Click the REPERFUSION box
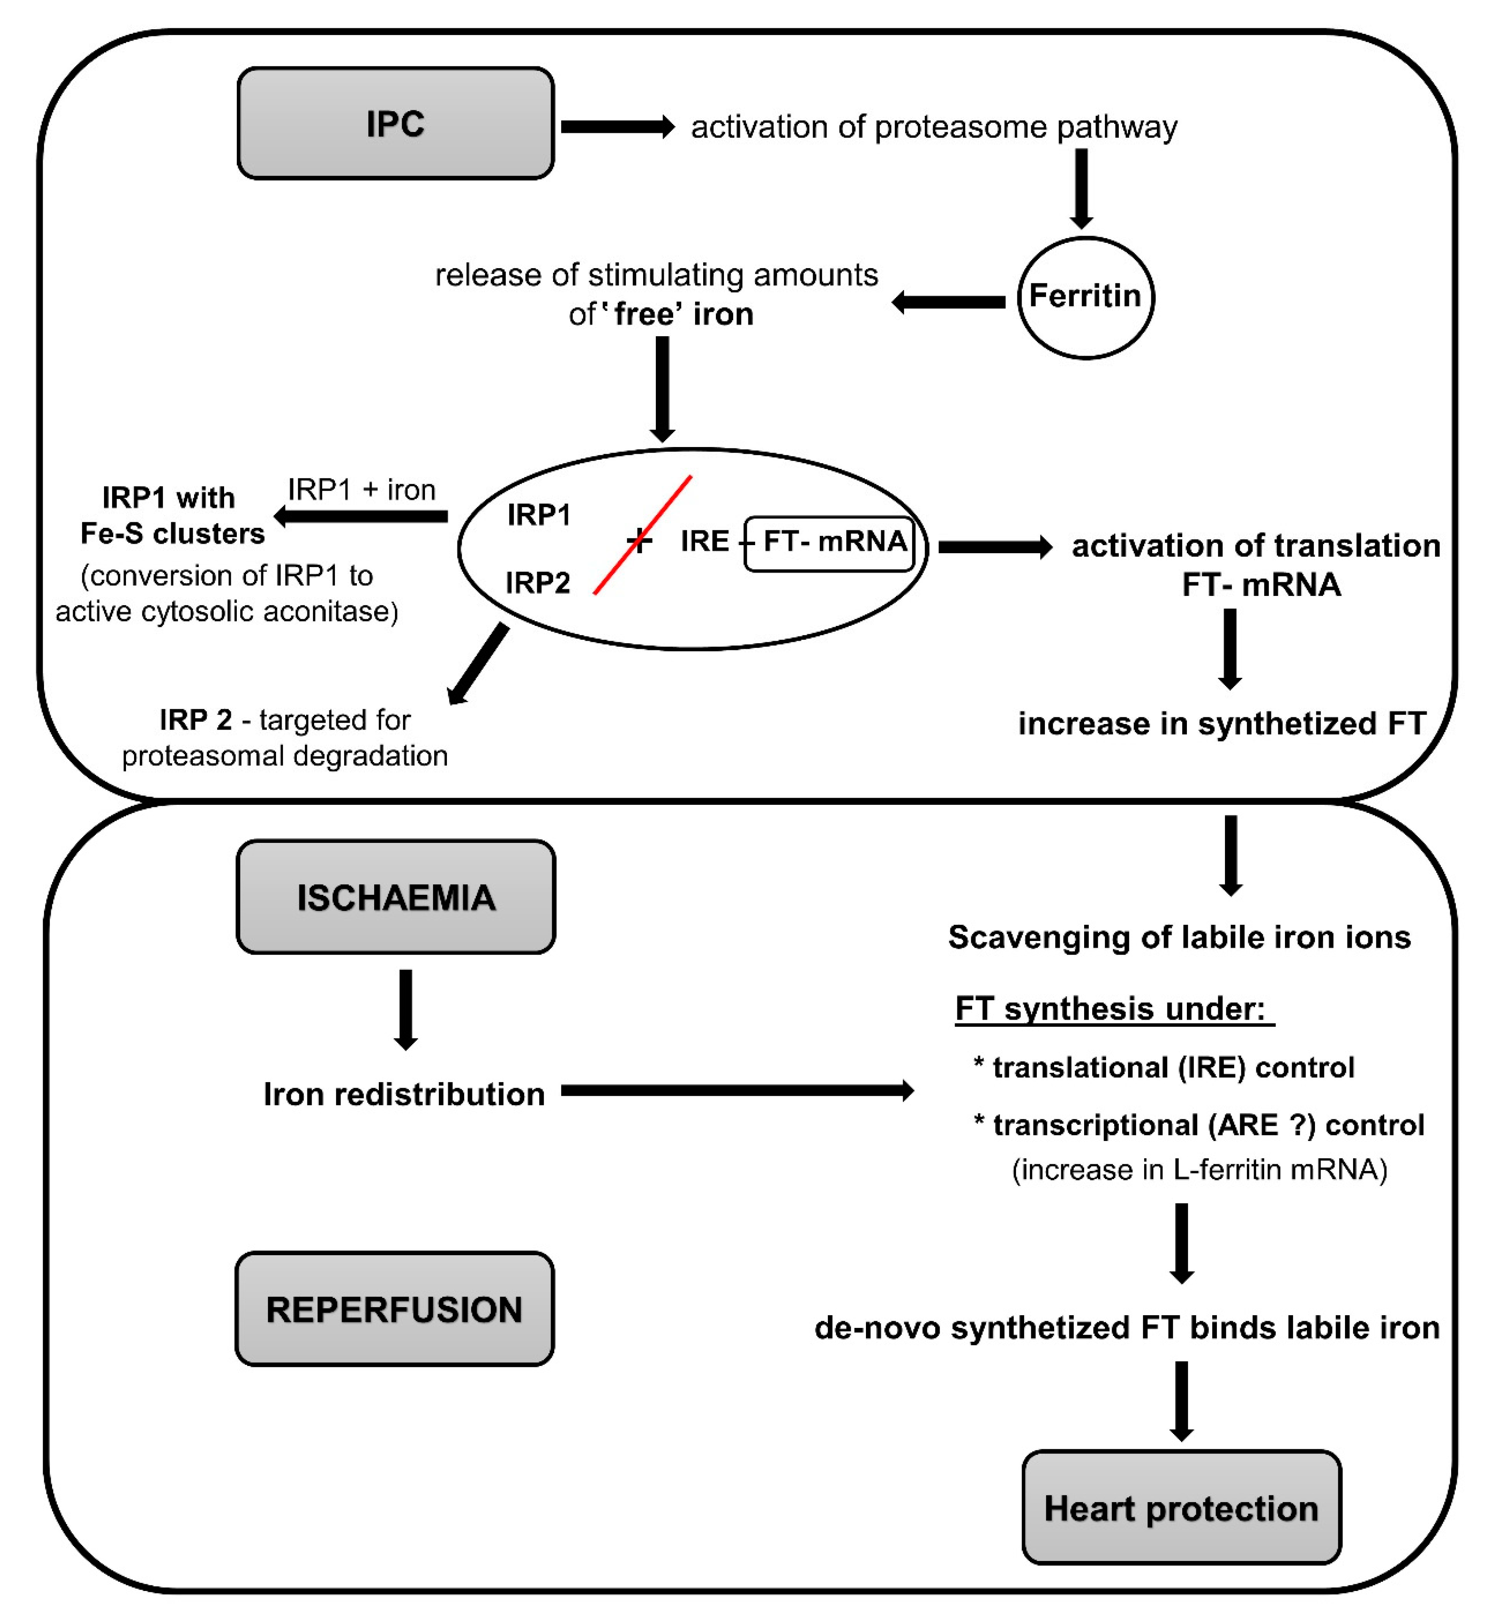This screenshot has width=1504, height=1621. pyautogui.click(x=395, y=1309)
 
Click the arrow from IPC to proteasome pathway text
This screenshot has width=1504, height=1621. pyautogui.click(x=617, y=127)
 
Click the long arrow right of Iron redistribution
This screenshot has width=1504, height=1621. pyautogui.click(x=737, y=1090)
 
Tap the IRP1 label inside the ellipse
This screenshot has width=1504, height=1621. pyautogui.click(x=539, y=515)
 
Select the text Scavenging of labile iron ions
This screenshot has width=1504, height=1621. pyautogui.click(x=1179, y=937)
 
